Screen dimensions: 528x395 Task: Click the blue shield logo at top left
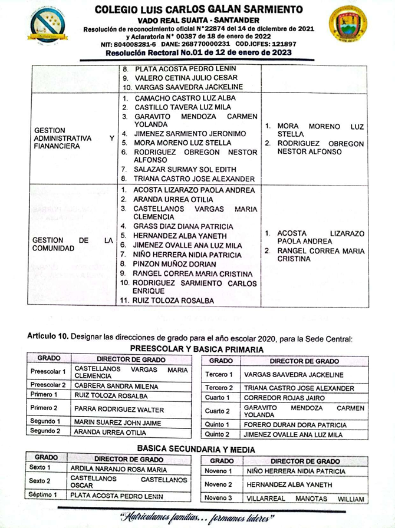48,25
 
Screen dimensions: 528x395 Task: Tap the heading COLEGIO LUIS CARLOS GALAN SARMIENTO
199,9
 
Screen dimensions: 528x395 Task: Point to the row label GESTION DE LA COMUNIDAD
73,244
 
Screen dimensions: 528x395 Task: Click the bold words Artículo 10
48,337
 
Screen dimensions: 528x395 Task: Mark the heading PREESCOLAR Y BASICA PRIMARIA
197,349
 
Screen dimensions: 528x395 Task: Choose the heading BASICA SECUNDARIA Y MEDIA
196,450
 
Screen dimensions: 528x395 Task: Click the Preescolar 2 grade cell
48,385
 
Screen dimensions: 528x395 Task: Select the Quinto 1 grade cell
219,424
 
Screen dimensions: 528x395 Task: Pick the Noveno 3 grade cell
218,499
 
